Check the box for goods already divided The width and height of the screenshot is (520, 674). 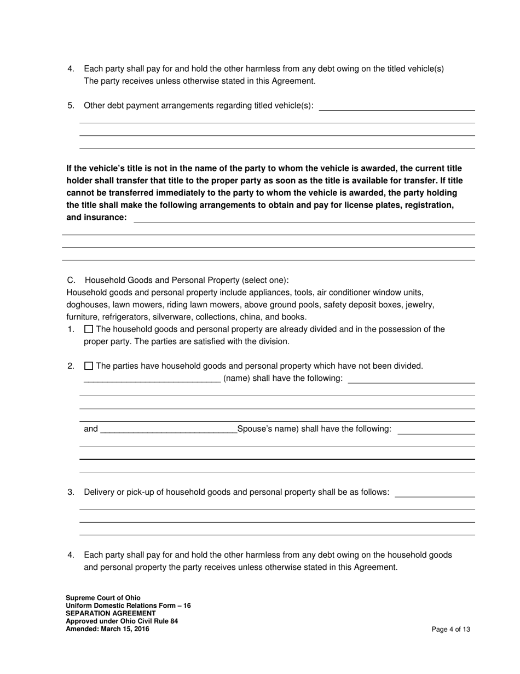[x=89, y=329]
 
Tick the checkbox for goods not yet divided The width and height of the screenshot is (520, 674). [x=89, y=366]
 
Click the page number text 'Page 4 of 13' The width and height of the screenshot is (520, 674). [x=450, y=630]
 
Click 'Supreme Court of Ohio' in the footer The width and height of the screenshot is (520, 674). [x=103, y=598]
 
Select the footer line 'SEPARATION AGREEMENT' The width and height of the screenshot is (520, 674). [x=111, y=613]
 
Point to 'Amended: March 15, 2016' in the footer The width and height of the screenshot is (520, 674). [x=107, y=629]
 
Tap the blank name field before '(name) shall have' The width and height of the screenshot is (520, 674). [x=152, y=379]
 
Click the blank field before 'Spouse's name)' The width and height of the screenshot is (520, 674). [x=169, y=429]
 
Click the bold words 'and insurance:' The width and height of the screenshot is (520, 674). [x=96, y=218]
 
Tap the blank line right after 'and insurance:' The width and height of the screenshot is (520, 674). [x=304, y=219]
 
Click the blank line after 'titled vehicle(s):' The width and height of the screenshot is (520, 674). [x=396, y=107]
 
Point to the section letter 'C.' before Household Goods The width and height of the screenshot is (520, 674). [x=71, y=280]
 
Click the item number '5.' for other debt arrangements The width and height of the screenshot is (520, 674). [x=71, y=105]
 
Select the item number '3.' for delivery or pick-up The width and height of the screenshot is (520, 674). [x=71, y=492]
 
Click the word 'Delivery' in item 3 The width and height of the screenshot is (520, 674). [x=99, y=492]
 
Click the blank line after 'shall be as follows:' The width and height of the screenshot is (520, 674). [x=435, y=494]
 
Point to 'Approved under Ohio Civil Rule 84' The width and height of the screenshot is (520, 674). [x=122, y=621]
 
